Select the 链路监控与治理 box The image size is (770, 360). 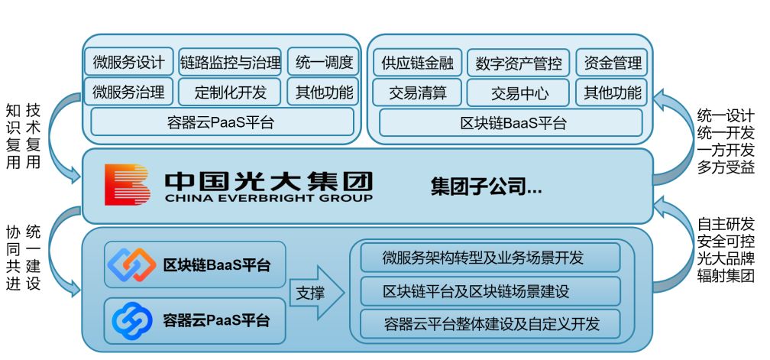pyautogui.click(x=231, y=62)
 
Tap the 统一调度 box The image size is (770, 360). pyautogui.click(x=324, y=62)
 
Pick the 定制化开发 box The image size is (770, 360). pyautogui.click(x=231, y=92)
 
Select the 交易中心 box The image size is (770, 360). pyautogui.click(x=519, y=93)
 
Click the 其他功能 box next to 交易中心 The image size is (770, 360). pyautogui.click(x=612, y=93)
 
